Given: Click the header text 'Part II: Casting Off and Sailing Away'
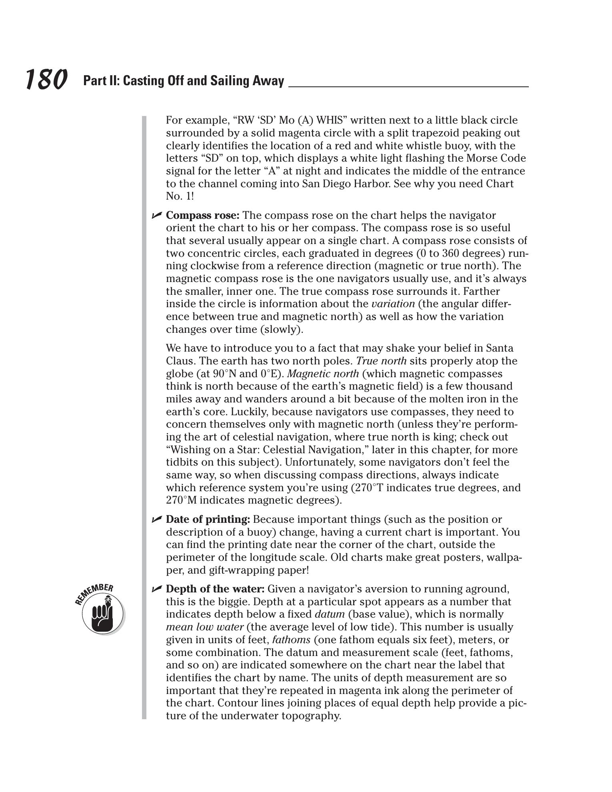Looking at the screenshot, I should [x=184, y=81].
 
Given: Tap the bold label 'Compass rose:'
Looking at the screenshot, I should [x=203, y=215].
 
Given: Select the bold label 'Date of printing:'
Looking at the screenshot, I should [x=208, y=519].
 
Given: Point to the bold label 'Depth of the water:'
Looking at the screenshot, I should [x=215, y=589].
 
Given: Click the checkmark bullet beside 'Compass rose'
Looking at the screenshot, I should [x=156, y=216].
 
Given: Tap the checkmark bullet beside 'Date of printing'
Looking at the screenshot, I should [x=156, y=520].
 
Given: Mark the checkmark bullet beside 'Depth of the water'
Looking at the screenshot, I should [x=156, y=589].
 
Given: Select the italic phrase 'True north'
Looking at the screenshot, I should [x=381, y=361].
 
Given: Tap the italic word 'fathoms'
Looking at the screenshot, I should [x=291, y=640].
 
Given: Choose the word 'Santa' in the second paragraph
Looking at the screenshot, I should [x=500, y=348].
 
